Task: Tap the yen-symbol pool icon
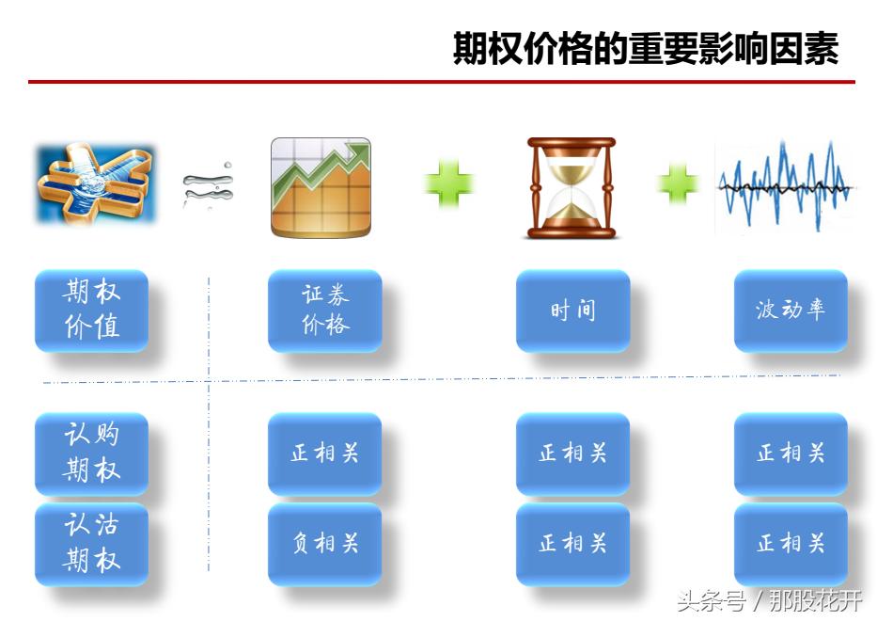[x=95, y=184]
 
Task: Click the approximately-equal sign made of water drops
[x=208, y=184]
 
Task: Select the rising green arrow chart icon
[x=321, y=187]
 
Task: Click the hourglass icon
[x=571, y=187]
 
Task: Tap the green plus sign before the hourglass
[x=448, y=183]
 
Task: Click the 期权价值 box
[x=92, y=310]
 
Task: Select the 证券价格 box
[x=325, y=310]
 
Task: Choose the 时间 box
[x=572, y=310]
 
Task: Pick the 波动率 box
[x=791, y=310]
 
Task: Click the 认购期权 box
[x=92, y=453]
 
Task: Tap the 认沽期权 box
[x=92, y=543]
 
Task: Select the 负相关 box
[x=325, y=543]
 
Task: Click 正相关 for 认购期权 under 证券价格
[x=325, y=453]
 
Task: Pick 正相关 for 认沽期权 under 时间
[x=572, y=543]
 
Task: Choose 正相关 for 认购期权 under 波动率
[x=791, y=453]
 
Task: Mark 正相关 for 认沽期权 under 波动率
[x=791, y=543]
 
